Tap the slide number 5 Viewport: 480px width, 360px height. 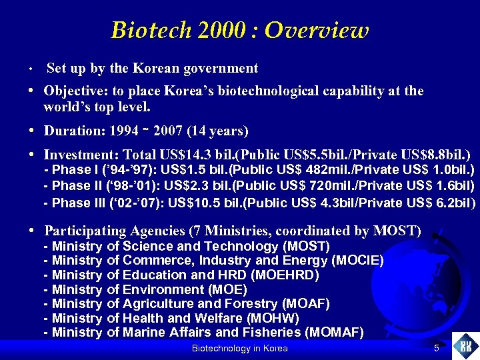pos(436,349)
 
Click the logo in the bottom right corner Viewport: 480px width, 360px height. pos(465,346)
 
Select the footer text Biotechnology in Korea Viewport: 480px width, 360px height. pos(239,349)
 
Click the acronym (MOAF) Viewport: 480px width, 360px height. pos(306,303)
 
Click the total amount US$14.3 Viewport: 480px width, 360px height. pos(166,153)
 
